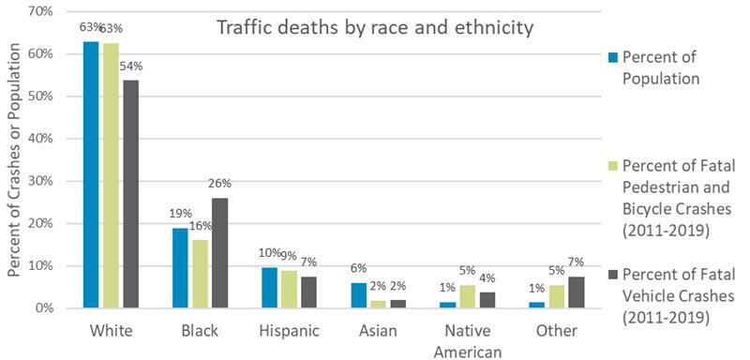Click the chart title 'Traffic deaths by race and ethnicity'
pos(375,27)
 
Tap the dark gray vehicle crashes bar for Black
pos(220,253)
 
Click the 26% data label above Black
pos(220,184)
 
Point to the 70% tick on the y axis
pos(39,11)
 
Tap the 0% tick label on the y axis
pos(43,308)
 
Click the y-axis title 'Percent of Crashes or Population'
pos(13,159)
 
